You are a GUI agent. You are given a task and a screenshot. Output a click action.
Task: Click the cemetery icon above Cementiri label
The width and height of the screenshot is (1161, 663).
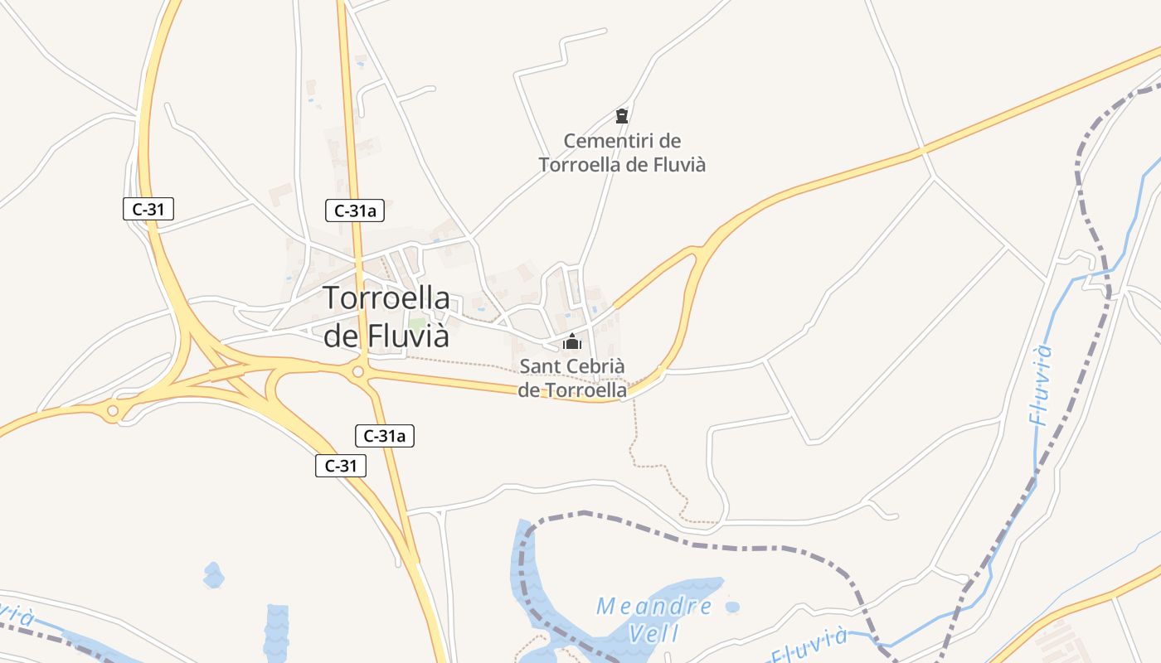pyautogui.click(x=622, y=115)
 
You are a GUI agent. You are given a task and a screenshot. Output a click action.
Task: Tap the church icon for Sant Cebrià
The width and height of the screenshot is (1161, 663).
pyautogui.click(x=571, y=341)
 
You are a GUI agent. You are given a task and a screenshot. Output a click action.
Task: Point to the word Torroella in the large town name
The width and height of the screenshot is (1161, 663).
pyautogui.click(x=386, y=298)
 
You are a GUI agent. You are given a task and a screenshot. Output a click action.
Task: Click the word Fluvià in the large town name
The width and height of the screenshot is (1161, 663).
pyautogui.click(x=400, y=336)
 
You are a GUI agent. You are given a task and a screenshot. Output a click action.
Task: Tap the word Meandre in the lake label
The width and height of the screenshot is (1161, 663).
pyautogui.click(x=654, y=607)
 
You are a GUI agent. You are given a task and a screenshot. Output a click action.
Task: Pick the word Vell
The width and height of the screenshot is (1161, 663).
pyautogui.click(x=654, y=635)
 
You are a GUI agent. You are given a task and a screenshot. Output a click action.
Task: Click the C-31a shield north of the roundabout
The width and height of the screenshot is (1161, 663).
pyautogui.click(x=355, y=211)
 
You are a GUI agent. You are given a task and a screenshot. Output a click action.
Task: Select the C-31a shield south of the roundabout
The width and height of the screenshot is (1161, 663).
pyautogui.click(x=385, y=436)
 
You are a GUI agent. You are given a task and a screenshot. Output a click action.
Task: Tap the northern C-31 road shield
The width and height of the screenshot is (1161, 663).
pyautogui.click(x=148, y=209)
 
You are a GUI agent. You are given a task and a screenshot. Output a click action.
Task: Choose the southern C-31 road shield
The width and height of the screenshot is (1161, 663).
pyautogui.click(x=340, y=466)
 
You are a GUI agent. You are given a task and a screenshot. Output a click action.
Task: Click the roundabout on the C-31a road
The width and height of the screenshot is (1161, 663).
pyautogui.click(x=358, y=372)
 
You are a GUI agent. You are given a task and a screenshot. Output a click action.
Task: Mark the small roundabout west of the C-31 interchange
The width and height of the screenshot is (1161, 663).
pyautogui.click(x=112, y=410)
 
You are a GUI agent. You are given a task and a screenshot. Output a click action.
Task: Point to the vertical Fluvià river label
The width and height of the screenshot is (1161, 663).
pyautogui.click(x=1042, y=385)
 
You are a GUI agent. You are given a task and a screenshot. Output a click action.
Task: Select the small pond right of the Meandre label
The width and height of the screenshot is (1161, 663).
pyautogui.click(x=731, y=607)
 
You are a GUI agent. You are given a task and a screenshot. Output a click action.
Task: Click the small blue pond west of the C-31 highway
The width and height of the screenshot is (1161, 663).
pyautogui.click(x=213, y=574)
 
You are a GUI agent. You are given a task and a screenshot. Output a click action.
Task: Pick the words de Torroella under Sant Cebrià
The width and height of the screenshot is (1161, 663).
pyautogui.click(x=572, y=390)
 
